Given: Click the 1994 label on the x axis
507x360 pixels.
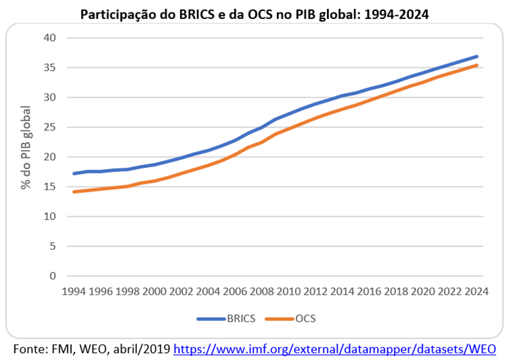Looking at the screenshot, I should tap(74, 292).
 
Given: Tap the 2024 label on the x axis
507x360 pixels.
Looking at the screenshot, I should tap(477, 292).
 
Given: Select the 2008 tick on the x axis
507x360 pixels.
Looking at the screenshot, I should tap(262, 292).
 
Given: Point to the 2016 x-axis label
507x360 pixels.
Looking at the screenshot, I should tap(369, 292).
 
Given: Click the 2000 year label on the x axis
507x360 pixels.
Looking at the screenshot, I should tap(155, 292).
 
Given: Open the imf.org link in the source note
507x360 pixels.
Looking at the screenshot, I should tap(334, 348).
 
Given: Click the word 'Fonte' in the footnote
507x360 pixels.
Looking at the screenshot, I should tap(29, 348).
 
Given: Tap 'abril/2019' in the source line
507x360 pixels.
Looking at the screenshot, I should tap(142, 348).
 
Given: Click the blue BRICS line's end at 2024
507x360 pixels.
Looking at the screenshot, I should tap(477, 56).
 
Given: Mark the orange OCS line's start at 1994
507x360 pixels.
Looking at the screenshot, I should tap(74, 191).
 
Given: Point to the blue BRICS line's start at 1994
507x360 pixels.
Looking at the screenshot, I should tap(74, 173).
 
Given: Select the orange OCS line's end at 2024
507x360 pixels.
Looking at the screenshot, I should tap(477, 65).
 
